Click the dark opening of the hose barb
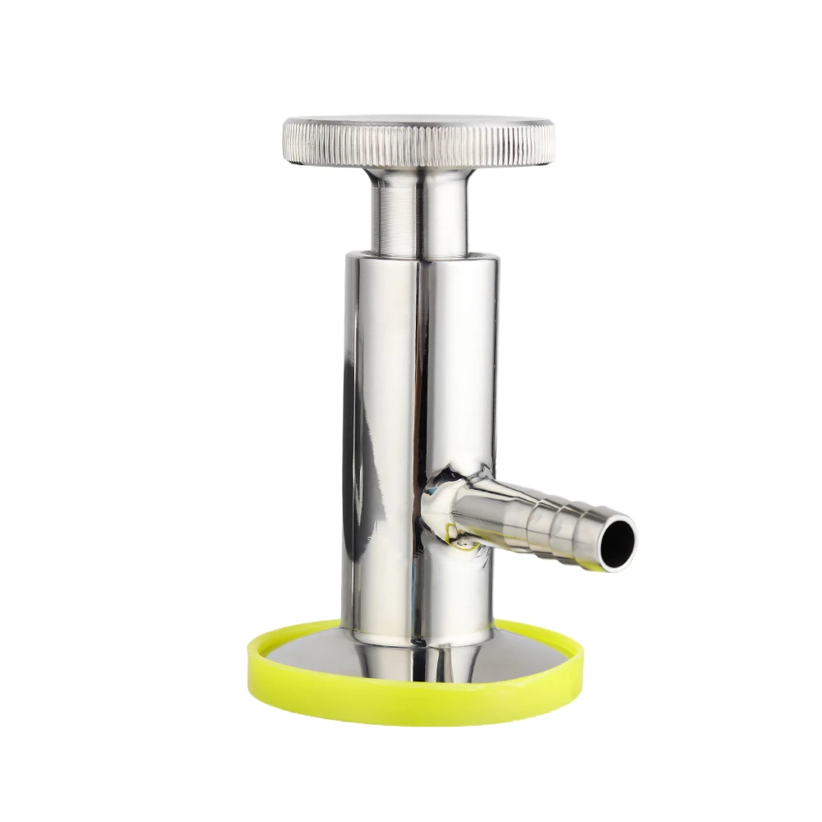(x=614, y=543)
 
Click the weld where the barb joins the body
(x=436, y=510)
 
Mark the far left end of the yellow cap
(x=249, y=658)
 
